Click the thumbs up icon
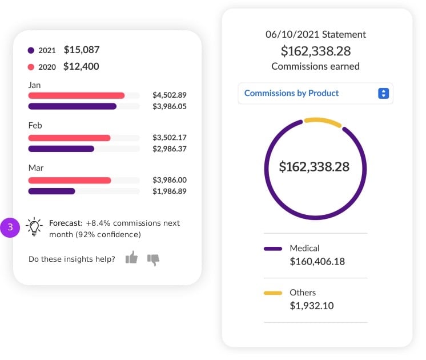(131, 258)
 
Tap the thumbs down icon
(153, 259)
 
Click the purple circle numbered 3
(10, 227)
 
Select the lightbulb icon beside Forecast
(35, 227)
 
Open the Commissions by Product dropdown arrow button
(384, 93)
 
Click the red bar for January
(77, 95)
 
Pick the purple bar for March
(51, 191)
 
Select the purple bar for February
(61, 149)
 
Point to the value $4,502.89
(170, 95)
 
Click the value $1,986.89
(170, 191)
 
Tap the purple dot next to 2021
(31, 50)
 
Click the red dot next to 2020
(31, 67)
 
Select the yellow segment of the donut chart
(323, 121)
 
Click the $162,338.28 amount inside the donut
(314, 167)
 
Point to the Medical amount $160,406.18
(317, 262)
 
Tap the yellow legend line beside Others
(273, 293)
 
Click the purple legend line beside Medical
(273, 249)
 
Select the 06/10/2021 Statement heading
(316, 34)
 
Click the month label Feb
(35, 125)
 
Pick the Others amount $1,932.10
(312, 306)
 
